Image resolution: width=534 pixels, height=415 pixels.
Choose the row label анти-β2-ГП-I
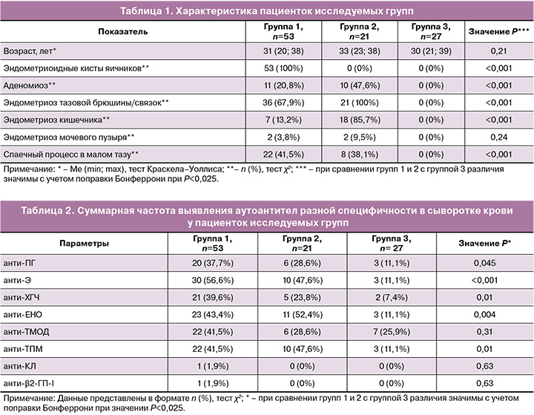coord(30,382)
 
